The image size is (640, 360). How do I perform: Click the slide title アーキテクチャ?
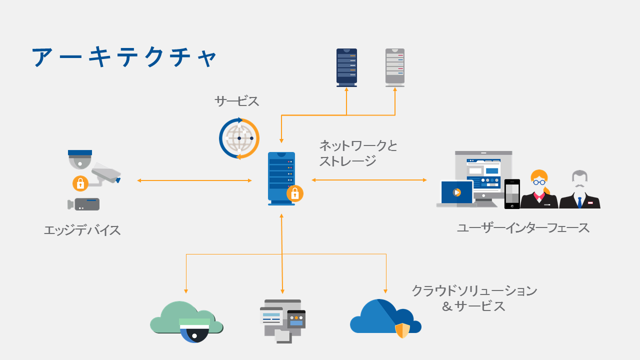coord(124,57)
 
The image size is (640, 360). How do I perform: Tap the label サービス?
coord(236,101)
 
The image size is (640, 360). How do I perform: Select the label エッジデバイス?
coord(82,230)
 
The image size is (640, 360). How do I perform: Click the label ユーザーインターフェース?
coord(523,228)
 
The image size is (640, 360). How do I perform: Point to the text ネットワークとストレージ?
coord(358,153)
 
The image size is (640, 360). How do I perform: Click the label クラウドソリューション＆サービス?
coord(474,298)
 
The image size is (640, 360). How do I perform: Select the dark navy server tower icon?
coord(346,67)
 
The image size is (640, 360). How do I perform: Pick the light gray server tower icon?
coord(395,67)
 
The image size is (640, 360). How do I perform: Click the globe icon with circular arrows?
coord(239,138)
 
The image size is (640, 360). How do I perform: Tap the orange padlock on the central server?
coord(295,193)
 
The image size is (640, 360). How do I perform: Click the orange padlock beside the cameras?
coord(80,183)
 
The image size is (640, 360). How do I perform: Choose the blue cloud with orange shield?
coord(385,318)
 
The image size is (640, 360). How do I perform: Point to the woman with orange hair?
coord(539,190)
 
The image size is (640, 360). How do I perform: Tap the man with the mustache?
coord(579,190)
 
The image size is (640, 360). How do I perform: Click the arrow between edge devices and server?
coord(194,180)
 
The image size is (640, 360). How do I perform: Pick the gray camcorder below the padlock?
coord(84,204)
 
